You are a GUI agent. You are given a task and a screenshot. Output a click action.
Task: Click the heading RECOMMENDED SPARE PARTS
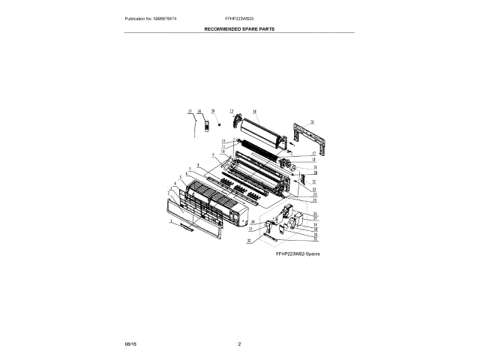click(239, 28)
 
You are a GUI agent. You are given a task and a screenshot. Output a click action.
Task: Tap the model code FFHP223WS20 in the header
click(239, 17)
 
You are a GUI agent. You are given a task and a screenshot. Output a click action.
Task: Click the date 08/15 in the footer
click(130, 343)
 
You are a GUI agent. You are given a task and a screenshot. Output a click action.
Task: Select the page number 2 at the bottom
click(239, 343)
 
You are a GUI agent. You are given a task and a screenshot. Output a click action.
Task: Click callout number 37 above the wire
click(190, 110)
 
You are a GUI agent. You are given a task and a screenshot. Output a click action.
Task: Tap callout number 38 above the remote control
click(199, 110)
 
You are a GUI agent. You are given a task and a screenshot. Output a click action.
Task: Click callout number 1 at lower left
click(172, 223)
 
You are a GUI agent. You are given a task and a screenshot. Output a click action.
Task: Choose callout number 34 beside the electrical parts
click(253, 223)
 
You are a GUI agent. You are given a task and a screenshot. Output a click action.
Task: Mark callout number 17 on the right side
click(314, 154)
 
